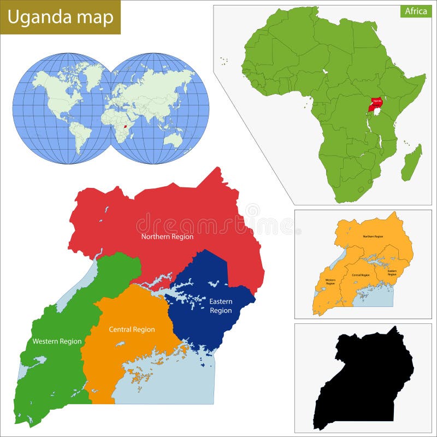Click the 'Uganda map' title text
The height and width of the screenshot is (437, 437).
click(60, 17)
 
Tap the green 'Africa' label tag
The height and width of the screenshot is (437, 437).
click(416, 11)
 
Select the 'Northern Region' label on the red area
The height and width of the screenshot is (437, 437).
click(167, 237)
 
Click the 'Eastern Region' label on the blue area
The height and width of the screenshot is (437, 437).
click(221, 306)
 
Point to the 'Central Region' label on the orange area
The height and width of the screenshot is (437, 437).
click(132, 329)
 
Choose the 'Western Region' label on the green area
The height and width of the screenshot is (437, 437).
click(57, 341)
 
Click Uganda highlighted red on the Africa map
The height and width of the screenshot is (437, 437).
click(375, 104)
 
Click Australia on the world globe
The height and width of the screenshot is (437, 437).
click(173, 140)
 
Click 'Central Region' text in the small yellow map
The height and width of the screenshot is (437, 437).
click(361, 275)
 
